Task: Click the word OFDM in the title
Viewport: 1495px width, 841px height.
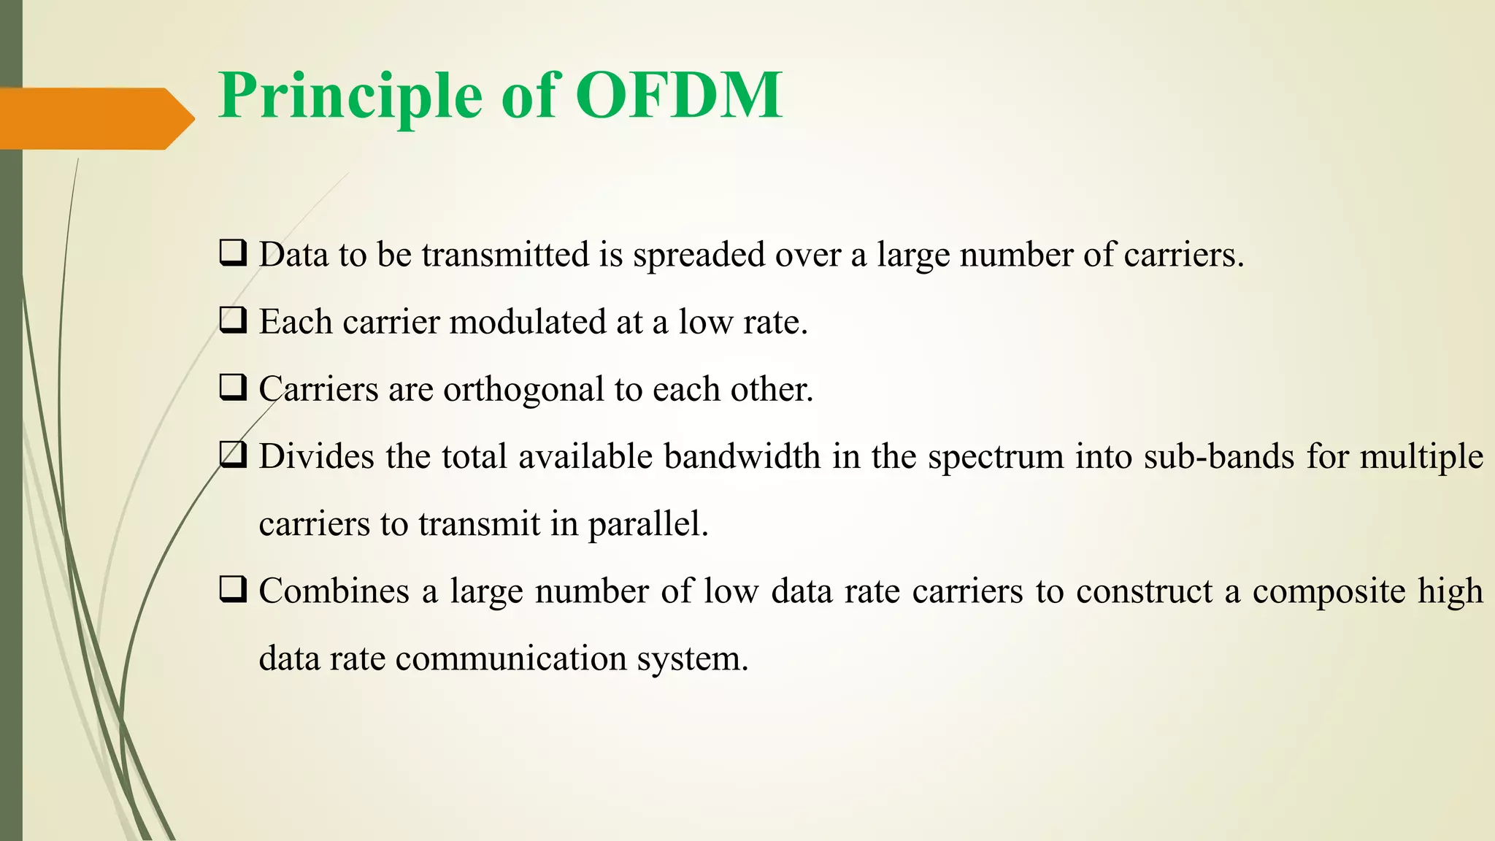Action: (x=679, y=96)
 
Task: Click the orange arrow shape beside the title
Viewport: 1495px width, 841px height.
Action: (x=95, y=118)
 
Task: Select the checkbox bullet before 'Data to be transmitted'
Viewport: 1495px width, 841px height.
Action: (x=233, y=253)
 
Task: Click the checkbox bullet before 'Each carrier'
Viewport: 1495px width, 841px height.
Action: (x=233, y=320)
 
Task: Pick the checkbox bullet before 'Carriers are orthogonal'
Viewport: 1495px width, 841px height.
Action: (x=233, y=388)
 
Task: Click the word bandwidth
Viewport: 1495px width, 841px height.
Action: (x=742, y=457)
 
